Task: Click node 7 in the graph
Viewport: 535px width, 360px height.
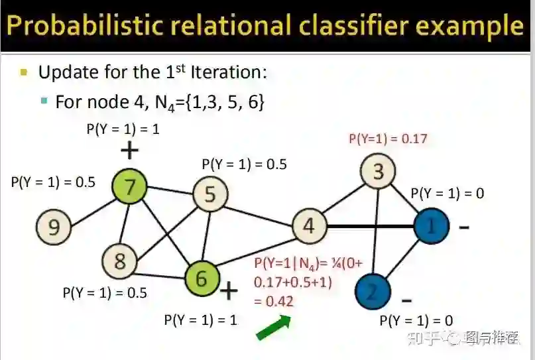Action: (130, 187)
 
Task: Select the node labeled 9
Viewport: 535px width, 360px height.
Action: (53, 227)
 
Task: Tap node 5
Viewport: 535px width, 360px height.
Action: (210, 195)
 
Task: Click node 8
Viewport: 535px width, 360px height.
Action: (119, 261)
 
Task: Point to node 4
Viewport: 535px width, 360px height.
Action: (308, 226)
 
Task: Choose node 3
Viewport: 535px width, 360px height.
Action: (378, 172)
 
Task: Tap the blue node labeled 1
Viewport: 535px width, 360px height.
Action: (432, 227)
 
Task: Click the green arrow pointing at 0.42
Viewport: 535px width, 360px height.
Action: (274, 328)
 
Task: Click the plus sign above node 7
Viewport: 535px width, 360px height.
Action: (129, 152)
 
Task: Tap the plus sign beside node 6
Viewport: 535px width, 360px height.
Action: (228, 290)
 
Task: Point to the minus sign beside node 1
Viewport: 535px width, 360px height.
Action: (464, 227)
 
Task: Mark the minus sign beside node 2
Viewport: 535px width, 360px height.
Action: (406, 299)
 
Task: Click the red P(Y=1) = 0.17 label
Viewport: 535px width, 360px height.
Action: (388, 139)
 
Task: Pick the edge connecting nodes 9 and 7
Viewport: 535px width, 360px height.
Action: (91, 208)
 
